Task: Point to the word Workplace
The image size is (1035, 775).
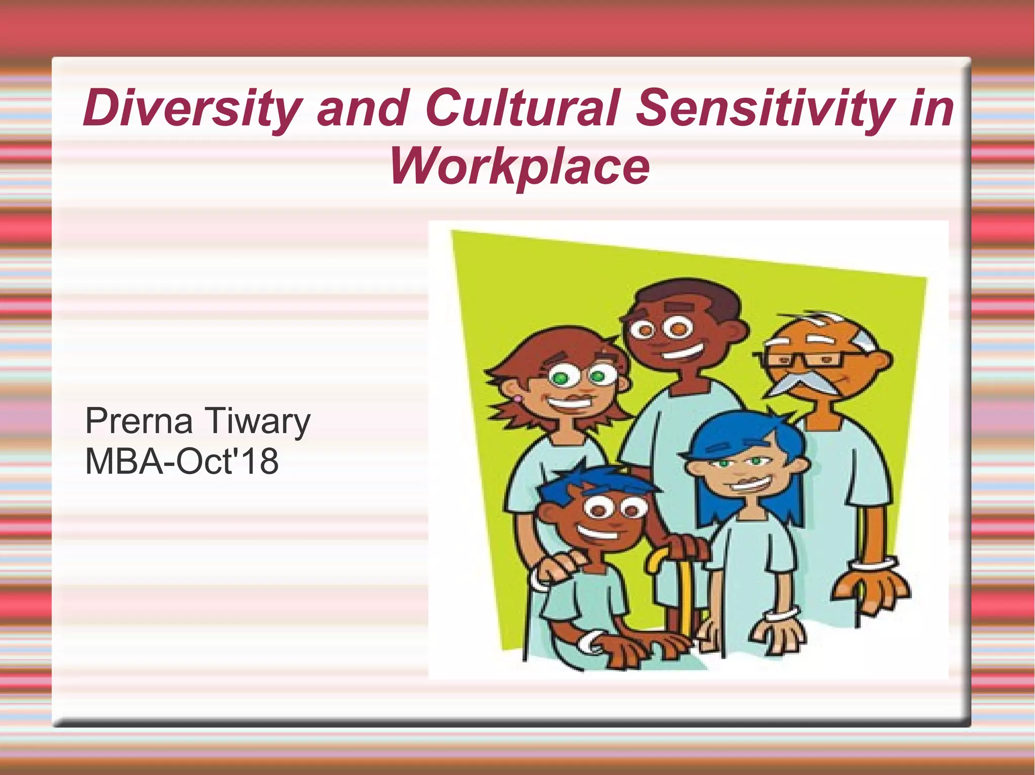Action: point(519,166)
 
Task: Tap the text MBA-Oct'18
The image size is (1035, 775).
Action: point(182,461)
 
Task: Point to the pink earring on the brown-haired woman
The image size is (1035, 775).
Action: point(516,400)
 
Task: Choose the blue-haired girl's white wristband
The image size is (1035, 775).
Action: point(781,615)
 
